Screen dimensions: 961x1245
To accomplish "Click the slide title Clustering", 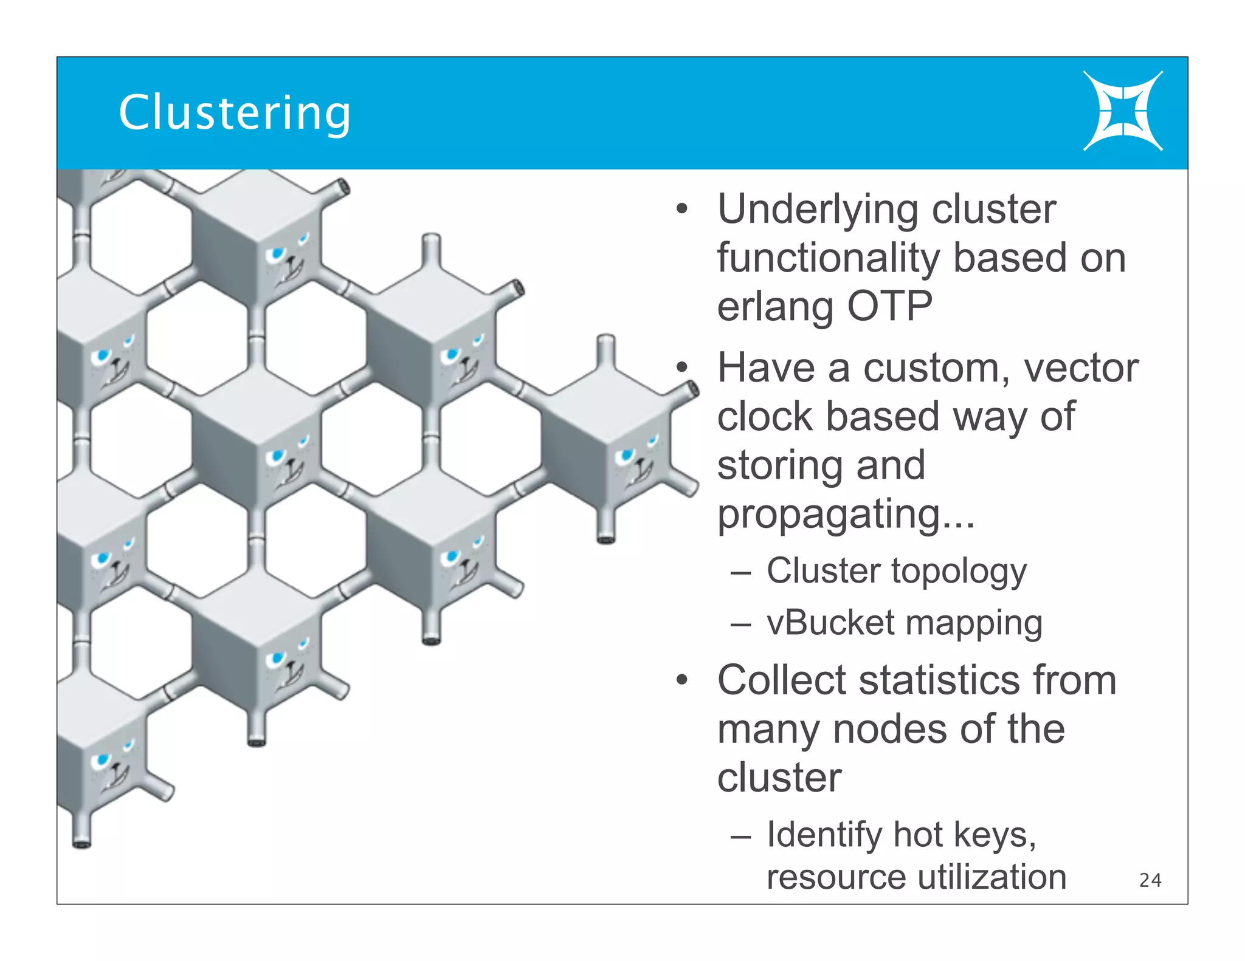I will click(x=235, y=114).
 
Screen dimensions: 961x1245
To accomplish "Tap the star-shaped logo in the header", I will click(x=1122, y=111).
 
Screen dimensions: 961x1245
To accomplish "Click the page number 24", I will click(x=1150, y=880).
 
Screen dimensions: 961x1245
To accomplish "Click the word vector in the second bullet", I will click(x=1080, y=368).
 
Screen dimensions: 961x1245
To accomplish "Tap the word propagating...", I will click(x=846, y=515).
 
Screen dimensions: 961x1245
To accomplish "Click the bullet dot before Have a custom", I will click(x=682, y=368).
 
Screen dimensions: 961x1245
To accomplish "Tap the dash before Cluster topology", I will click(x=740, y=572).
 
